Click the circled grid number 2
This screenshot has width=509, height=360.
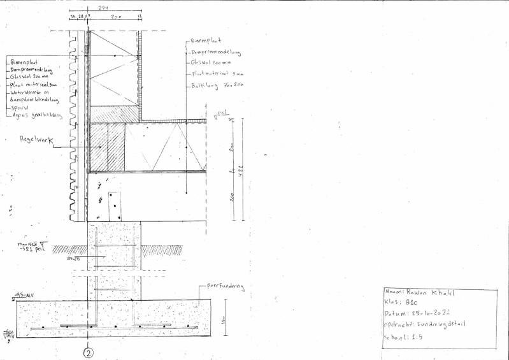point(89,351)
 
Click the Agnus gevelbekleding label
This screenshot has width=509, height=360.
point(35,116)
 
